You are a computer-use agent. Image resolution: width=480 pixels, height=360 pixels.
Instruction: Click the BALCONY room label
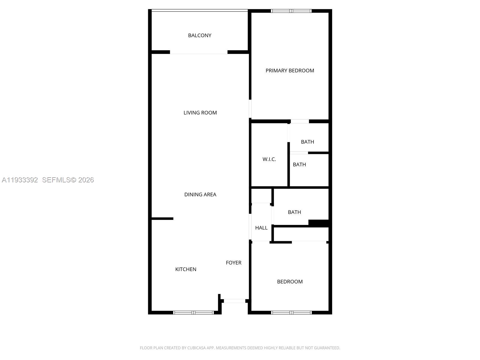tap(199, 35)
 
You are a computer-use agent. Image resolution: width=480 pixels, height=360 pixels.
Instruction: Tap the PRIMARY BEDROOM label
tap(290, 70)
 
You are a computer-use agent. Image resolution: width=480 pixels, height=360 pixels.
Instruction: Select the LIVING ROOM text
tap(200, 113)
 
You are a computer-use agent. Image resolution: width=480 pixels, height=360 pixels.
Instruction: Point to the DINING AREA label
tap(200, 194)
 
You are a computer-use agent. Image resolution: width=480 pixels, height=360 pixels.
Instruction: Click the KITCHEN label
tap(186, 269)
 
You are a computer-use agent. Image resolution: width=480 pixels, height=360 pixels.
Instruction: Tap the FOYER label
tap(233, 263)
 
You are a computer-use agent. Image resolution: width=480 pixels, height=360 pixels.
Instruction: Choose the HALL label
tap(261, 228)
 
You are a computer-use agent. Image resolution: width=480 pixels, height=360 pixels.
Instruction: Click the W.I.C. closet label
tap(269, 159)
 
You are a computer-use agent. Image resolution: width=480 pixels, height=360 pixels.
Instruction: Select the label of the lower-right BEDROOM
tap(290, 282)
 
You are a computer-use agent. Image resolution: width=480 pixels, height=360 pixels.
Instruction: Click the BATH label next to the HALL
tap(294, 212)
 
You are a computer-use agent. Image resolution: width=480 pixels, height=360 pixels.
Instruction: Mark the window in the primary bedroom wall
tap(291, 11)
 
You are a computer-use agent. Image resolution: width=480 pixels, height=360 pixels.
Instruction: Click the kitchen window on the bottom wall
tap(193, 313)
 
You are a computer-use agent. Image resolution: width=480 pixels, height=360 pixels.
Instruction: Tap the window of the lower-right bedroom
tap(291, 313)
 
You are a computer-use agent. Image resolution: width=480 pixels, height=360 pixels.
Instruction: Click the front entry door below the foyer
tap(235, 301)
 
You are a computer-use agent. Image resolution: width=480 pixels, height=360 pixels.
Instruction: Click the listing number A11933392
tap(20, 180)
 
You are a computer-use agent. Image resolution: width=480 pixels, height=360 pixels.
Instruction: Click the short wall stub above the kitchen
tap(162, 219)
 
